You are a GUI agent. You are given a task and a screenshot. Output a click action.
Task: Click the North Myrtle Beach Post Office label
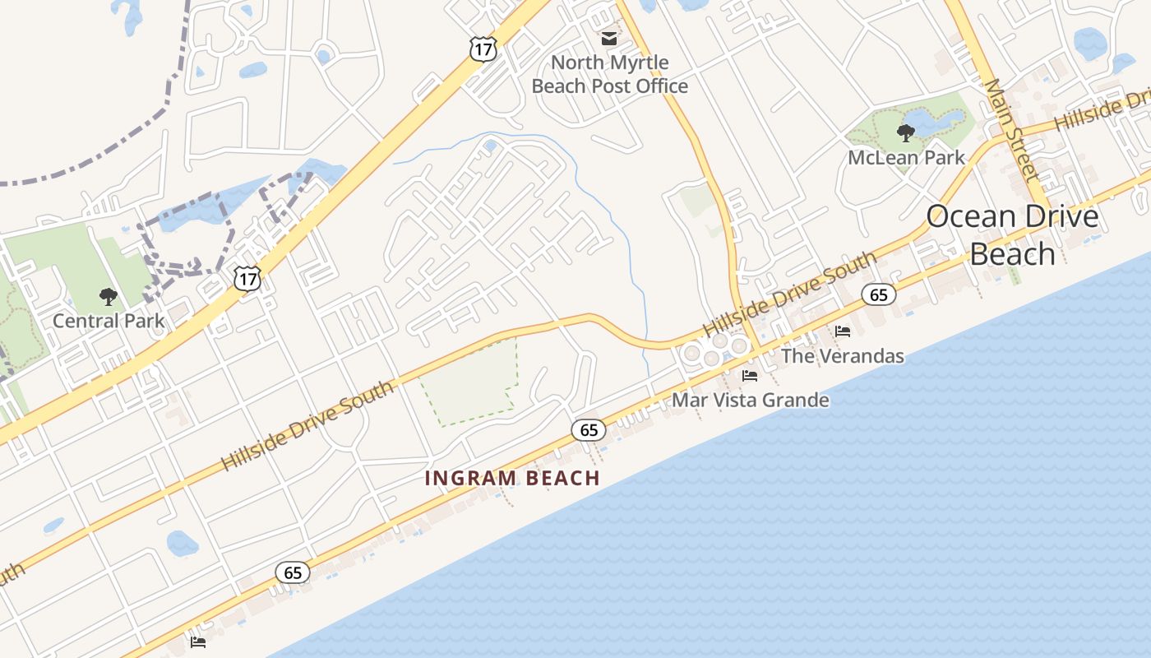coord(609,74)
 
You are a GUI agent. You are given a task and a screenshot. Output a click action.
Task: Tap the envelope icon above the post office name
coord(609,38)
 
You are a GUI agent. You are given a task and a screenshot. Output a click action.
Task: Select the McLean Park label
coord(907,157)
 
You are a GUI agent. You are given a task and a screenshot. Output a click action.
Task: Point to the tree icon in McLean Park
coord(906,132)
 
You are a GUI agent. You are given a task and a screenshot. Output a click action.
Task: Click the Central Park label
coord(109,321)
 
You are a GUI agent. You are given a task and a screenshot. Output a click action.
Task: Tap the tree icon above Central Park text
coord(108,297)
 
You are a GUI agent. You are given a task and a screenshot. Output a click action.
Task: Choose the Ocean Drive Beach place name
coord(1012,235)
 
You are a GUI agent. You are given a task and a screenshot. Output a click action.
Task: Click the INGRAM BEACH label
coord(512,478)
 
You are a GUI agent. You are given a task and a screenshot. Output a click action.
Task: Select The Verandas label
coord(842,356)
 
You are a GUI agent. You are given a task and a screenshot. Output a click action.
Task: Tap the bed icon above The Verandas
coord(843,331)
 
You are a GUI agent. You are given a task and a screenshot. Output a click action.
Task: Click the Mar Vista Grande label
coord(750,400)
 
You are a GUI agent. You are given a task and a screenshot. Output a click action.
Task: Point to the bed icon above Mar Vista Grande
coord(750,376)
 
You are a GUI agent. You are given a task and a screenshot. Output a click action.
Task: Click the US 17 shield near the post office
coord(483,49)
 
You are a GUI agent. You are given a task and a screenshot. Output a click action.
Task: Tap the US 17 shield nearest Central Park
coord(247,278)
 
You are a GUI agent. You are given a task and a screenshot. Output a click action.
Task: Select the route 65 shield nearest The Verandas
coord(879,294)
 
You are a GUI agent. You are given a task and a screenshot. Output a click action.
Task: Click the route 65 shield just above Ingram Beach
coord(589,429)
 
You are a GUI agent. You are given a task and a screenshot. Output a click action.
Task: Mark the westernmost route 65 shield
coord(293,572)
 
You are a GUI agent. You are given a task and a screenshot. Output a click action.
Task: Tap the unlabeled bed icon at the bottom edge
coord(198,642)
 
